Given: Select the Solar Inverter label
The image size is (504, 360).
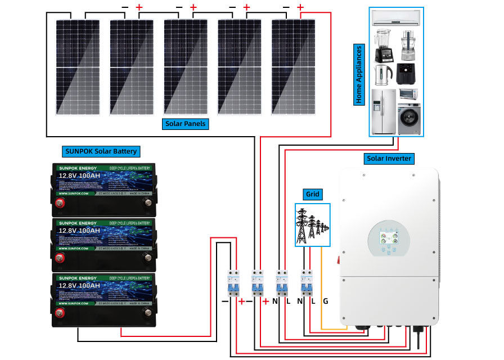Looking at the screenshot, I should (389, 159).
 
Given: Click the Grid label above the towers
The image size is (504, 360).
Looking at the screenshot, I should (313, 195).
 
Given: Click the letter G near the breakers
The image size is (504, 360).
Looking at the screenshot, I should (325, 301).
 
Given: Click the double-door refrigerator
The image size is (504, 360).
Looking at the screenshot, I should (384, 111).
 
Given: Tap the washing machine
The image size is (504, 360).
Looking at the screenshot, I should (409, 119).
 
